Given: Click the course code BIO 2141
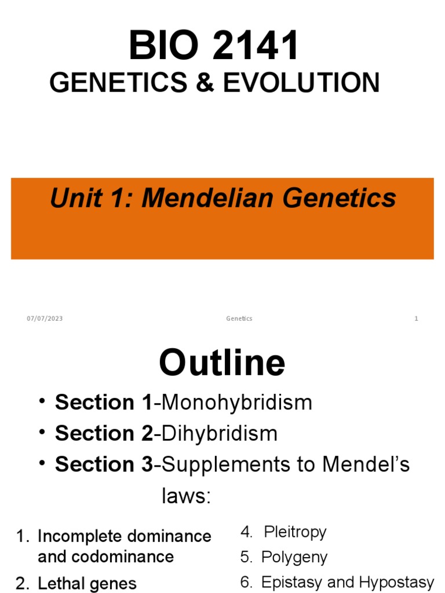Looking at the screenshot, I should [214, 46].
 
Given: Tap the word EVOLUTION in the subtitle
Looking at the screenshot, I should [301, 83].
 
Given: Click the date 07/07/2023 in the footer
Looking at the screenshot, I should [45, 319].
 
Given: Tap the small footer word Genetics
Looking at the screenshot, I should [239, 319].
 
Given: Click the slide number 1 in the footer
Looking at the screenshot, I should [416, 319].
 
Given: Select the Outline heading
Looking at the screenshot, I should [222, 363].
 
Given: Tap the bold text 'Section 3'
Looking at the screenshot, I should [104, 464].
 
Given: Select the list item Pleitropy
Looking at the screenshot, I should [295, 532].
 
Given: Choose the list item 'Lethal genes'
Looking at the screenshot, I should [87, 584].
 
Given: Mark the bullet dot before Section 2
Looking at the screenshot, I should [44, 433].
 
